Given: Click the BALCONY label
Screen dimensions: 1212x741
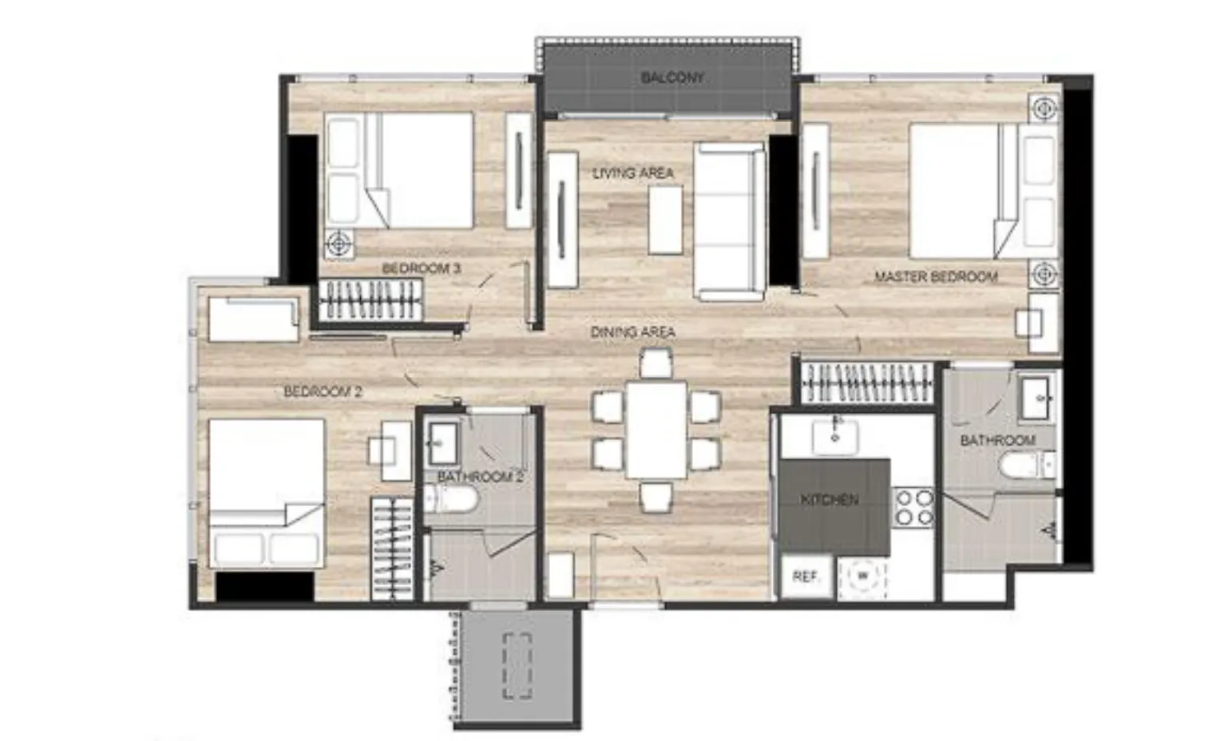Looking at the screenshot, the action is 672,77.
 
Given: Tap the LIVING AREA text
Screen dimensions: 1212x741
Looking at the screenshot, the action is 633,173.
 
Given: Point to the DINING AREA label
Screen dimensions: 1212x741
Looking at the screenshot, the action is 632,332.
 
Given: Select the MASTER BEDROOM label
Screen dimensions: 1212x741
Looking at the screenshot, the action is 936,276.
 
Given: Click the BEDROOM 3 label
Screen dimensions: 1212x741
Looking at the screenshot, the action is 422,268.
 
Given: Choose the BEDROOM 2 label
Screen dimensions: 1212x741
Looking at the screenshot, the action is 323,390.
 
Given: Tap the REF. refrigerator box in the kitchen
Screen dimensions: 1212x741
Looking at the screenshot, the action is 806,577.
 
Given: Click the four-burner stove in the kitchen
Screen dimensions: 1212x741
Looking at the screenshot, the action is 913,508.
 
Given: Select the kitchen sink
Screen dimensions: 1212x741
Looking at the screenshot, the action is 835,436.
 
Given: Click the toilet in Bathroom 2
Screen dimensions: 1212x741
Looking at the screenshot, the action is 450,498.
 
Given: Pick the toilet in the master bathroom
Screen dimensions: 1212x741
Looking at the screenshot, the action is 1027,466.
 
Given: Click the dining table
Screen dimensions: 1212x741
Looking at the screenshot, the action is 656,430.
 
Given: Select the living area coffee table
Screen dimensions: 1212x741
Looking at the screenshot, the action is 665,220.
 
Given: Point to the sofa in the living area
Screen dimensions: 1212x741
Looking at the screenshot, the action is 730,221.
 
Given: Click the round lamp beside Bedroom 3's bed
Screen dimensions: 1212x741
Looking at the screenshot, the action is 340,244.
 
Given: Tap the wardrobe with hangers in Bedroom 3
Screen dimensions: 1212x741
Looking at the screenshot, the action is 370,300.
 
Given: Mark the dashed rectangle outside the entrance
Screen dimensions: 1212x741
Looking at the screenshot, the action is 517,666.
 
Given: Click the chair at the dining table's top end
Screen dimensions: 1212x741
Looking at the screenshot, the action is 656,363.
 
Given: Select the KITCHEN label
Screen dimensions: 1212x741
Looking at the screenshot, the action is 830,500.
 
